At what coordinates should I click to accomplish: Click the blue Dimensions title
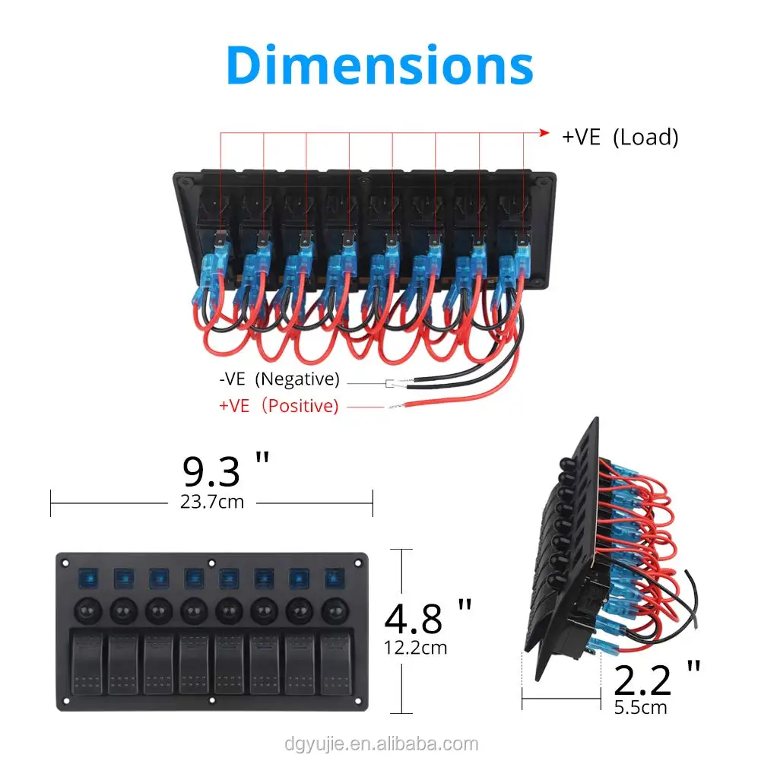[379, 65]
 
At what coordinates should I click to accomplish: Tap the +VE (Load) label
[620, 137]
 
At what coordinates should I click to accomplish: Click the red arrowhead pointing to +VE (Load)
[544, 133]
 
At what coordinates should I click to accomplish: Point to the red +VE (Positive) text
[278, 406]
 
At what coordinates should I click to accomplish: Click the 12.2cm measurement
[416, 648]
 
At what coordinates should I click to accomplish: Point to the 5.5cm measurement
[640, 707]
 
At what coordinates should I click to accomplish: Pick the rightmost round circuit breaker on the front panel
[332, 610]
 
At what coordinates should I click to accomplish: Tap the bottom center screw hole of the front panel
[212, 700]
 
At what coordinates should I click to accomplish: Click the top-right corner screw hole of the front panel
[357, 564]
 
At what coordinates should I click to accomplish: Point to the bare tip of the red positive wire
[395, 407]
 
